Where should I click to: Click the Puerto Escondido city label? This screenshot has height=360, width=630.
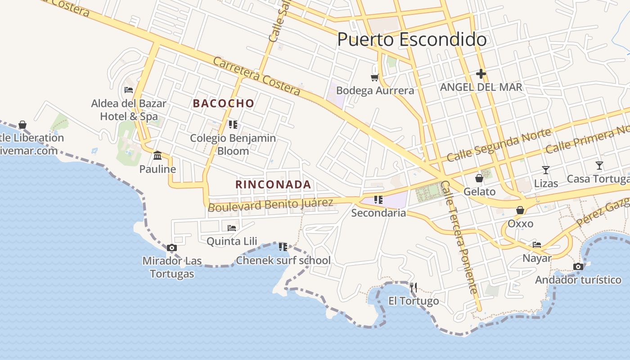(412, 40)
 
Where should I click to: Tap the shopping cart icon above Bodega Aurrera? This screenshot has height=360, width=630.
(374, 78)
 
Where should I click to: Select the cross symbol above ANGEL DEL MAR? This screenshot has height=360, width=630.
(481, 73)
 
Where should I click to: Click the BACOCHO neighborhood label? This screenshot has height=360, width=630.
(224, 103)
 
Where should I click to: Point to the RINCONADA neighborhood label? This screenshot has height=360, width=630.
(273, 184)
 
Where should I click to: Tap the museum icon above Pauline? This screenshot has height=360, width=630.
(157, 156)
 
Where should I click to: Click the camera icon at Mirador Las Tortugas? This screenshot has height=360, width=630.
(171, 247)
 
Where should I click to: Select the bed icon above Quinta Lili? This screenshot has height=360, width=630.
(232, 228)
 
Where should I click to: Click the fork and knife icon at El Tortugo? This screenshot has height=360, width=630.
(414, 287)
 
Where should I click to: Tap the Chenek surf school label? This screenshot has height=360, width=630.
(283, 260)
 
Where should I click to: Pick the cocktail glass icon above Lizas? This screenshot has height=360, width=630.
(546, 170)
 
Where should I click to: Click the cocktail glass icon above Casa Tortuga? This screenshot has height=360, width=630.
(599, 166)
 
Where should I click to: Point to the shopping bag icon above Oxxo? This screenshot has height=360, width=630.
(520, 210)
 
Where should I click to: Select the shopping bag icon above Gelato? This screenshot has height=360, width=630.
(479, 178)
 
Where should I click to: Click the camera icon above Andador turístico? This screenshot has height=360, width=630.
(578, 266)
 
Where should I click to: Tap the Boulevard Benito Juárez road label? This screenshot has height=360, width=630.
(270, 205)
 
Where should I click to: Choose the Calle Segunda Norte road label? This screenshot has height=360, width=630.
(499, 145)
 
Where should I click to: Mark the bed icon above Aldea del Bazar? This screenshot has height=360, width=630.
(129, 90)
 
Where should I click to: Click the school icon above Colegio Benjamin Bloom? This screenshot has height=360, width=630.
(233, 124)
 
